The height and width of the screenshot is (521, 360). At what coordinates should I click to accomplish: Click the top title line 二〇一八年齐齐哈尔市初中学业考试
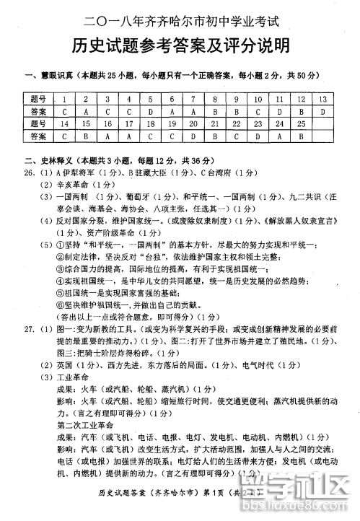(181, 17)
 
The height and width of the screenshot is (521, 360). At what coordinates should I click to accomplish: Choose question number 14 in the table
(65, 123)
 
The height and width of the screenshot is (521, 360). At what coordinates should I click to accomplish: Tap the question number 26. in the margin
(30, 172)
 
